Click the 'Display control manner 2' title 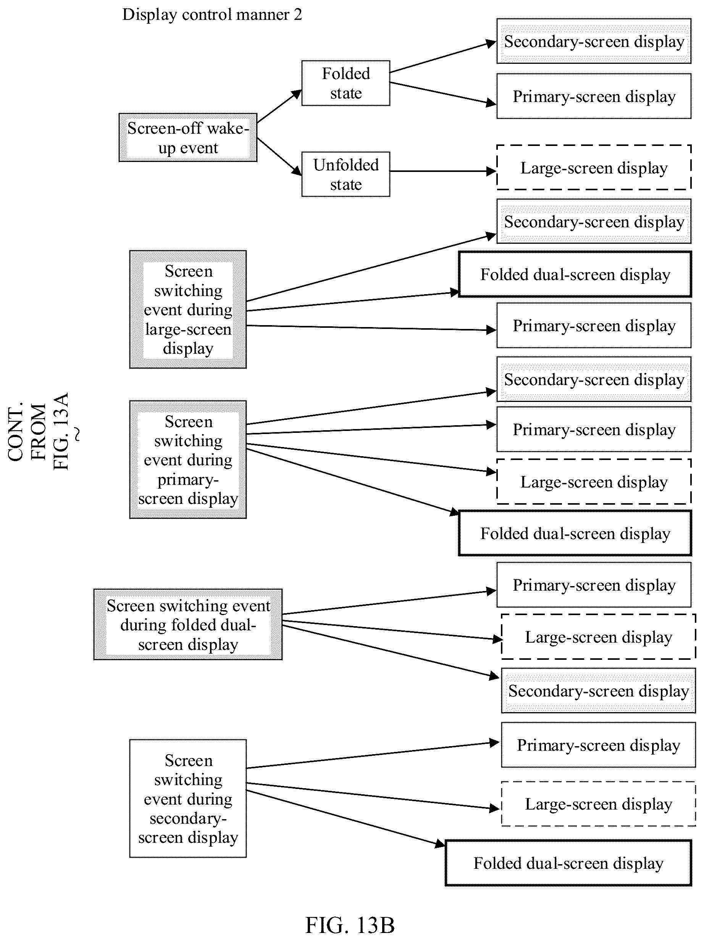212,15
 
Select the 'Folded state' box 346,83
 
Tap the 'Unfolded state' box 346,174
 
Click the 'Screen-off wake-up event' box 188,138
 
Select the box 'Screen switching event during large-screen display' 188,309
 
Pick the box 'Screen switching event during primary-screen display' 188,460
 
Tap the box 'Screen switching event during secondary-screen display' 188,798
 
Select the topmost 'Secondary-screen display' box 594,41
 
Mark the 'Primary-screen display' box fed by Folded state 594,96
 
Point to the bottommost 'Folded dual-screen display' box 568,863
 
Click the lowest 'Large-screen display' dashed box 599,804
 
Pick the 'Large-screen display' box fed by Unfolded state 594,168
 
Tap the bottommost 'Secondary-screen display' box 599,691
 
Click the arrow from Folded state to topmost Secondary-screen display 443,57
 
